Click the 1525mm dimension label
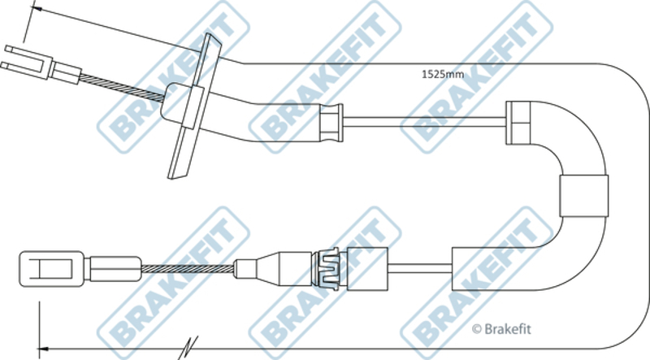(443, 74)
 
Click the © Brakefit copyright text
(501, 329)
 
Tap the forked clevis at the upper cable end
(27, 63)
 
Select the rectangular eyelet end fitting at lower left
(52, 269)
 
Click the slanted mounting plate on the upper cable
(195, 106)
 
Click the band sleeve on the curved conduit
(583, 196)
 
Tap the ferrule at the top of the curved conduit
(518, 123)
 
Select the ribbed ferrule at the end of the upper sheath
(331, 123)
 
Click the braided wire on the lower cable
(188, 269)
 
